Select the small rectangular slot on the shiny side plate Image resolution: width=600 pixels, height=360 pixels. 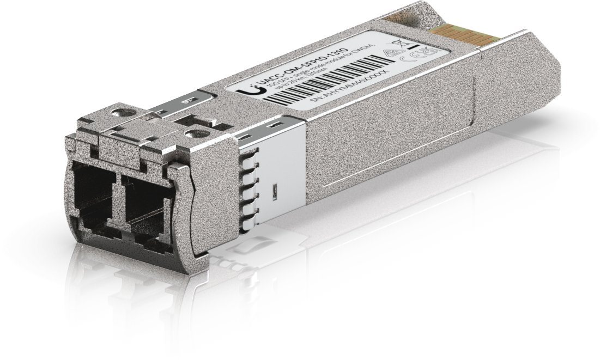point(275,191)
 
